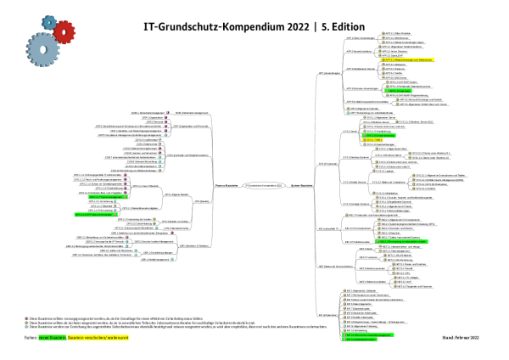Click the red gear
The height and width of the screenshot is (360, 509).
[64, 32]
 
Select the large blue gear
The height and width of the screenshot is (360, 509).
[43, 50]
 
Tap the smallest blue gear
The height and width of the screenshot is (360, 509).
[49, 23]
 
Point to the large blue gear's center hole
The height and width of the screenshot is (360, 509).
[43, 50]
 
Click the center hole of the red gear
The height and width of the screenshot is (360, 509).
[64, 32]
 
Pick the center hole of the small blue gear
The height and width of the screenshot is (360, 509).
[49, 23]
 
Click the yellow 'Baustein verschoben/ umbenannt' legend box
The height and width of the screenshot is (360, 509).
[98, 337]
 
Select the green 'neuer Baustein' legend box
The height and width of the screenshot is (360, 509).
[52, 337]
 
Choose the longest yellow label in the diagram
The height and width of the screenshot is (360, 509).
[408, 59]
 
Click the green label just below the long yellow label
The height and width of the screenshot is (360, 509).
[398, 91]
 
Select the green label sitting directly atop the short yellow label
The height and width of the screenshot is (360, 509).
[378, 135]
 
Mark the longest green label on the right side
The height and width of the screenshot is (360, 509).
[401, 241]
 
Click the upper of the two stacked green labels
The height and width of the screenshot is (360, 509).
[368, 335]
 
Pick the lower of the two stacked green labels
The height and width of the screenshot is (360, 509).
[360, 340]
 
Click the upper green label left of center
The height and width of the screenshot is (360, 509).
[108, 197]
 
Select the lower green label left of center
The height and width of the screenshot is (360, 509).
[96, 215]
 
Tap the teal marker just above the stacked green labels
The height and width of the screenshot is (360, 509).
[344, 325]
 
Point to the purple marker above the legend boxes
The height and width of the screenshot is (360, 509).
[26, 318]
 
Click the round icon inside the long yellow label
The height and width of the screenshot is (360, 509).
[383, 60]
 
